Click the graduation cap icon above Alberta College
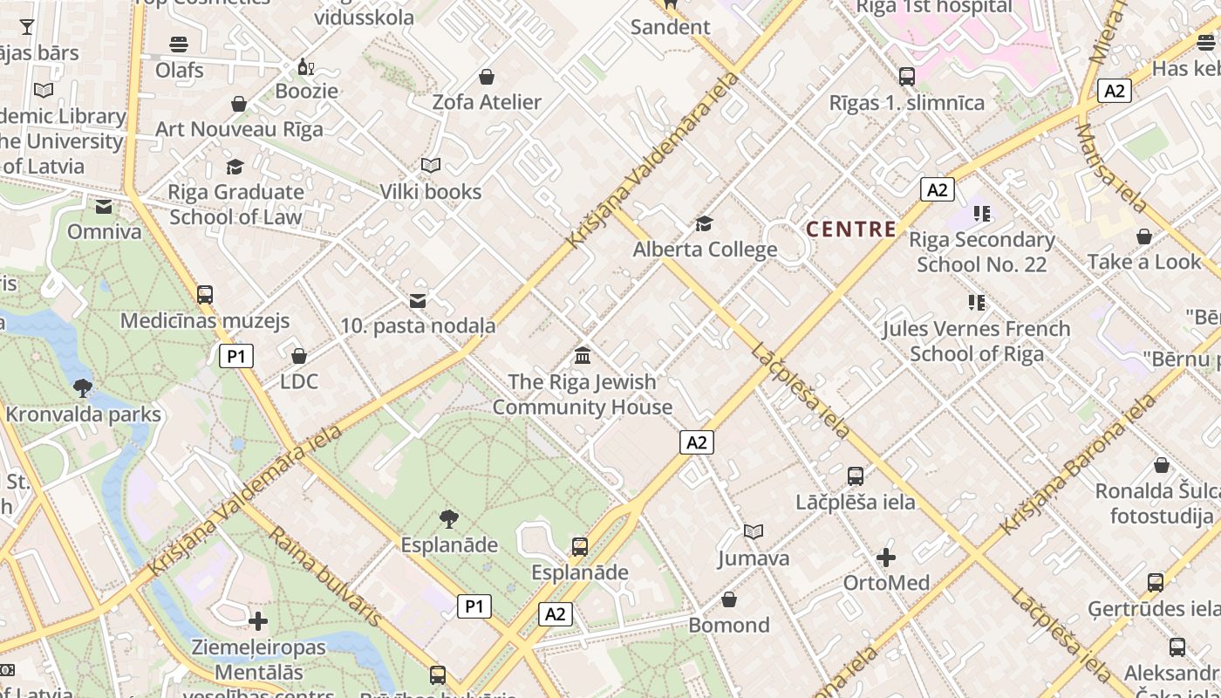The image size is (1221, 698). pos(704,224)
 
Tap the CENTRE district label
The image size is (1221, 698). pos(850,229)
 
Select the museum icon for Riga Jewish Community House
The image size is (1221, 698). pos(583,356)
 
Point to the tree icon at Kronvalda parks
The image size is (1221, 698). pos(83,387)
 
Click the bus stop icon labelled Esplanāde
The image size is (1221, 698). pos(580,547)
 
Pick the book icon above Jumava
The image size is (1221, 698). pos(754,531)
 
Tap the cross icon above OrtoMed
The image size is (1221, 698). pos(886,557)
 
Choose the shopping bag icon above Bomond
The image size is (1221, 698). pos(729,599)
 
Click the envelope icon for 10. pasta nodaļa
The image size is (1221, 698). pos(418,301)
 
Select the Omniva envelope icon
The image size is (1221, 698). pos(104,207)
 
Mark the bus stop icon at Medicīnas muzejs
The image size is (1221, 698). pos(205,295)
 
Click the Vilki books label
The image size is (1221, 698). pos(430,192)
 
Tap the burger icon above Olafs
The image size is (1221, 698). pos(179,44)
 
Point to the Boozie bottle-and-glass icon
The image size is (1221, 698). pos(306,66)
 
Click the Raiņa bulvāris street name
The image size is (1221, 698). pos(326,576)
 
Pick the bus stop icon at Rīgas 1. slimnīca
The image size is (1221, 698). pos(907,77)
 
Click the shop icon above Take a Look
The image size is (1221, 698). pos(1144,236)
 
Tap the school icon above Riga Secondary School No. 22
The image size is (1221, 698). pos(982,213)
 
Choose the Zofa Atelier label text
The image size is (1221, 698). pos(487,102)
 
